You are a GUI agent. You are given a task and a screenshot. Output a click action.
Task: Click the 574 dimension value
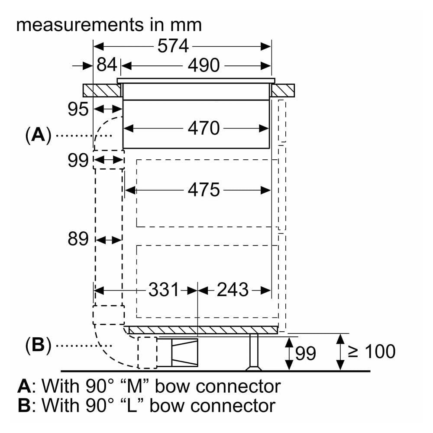[x=173, y=46]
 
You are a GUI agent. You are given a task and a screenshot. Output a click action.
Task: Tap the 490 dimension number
[x=204, y=65]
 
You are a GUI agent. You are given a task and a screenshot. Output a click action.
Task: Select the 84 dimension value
[x=107, y=65]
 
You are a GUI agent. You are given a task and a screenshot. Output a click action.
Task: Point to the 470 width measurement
[x=204, y=128]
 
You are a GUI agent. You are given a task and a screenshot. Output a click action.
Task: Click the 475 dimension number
[x=204, y=190]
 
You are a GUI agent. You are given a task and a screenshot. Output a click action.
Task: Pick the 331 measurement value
[x=164, y=290]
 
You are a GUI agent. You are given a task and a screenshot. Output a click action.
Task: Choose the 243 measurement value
[x=233, y=290]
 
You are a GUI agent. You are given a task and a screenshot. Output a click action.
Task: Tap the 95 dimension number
[x=78, y=109]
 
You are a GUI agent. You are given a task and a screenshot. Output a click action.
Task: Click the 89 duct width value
[x=78, y=239]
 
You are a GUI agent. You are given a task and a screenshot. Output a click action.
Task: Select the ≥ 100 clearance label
[x=372, y=352]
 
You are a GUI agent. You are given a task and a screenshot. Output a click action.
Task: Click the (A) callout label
[x=38, y=135]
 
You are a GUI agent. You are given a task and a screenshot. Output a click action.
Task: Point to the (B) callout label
[x=38, y=345]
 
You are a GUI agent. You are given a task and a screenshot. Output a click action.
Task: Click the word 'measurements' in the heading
[x=80, y=25]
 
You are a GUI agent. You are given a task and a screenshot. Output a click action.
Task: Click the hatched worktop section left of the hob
[x=102, y=90]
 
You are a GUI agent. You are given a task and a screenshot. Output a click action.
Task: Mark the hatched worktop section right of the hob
[x=283, y=90]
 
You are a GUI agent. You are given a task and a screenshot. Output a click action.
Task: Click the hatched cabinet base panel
[x=203, y=330]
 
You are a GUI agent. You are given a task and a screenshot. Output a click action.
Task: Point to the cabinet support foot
[x=253, y=352]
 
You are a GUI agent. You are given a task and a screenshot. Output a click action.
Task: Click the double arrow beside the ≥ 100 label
[x=340, y=352]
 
